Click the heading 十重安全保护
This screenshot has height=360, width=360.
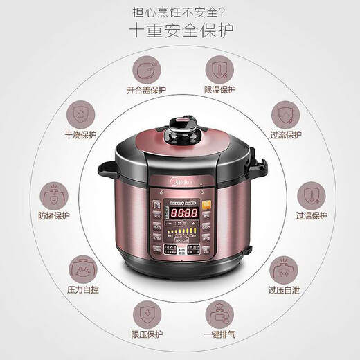180,32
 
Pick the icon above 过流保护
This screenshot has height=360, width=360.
282,114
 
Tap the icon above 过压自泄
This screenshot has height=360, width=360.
282,267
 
